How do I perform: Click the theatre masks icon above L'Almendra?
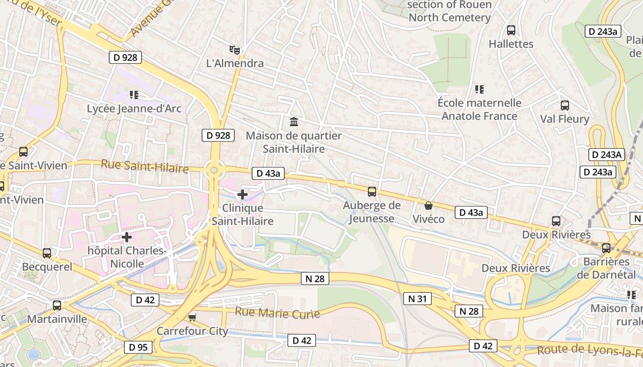(x=235, y=50)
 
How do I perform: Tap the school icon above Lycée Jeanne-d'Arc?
(x=134, y=95)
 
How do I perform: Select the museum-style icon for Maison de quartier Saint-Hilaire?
(x=294, y=122)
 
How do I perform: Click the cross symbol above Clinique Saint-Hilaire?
(x=242, y=195)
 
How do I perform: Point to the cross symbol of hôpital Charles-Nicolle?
(x=127, y=237)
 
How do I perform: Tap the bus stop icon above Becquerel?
(x=47, y=253)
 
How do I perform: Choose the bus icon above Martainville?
(x=57, y=305)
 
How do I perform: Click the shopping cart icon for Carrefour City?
(x=192, y=317)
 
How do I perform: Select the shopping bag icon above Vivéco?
(x=428, y=206)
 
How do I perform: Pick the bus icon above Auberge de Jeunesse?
(x=372, y=192)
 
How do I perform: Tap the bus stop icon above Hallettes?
(x=511, y=30)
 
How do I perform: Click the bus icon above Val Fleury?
(x=564, y=106)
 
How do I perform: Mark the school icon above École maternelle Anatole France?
(x=479, y=89)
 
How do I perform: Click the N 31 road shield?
(x=417, y=299)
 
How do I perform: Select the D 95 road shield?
(x=138, y=347)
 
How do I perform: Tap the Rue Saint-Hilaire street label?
(x=145, y=166)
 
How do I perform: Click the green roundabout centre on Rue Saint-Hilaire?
(x=214, y=170)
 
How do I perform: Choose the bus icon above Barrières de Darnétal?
(x=606, y=248)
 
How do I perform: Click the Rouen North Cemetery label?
(x=449, y=11)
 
